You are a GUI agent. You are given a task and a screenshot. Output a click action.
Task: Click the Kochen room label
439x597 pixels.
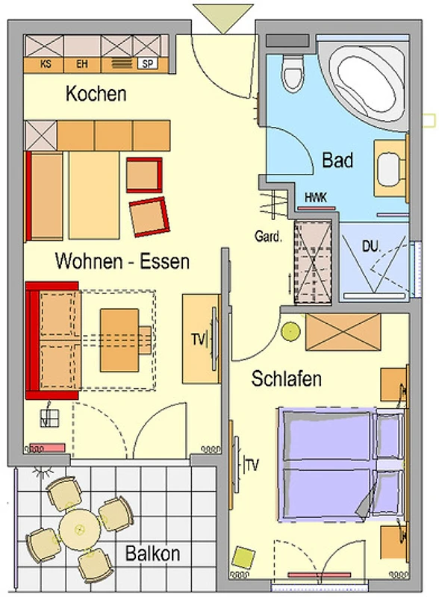pyautogui.click(x=96, y=94)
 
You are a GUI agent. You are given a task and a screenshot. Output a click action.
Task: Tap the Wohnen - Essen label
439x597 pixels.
pyautogui.click(x=122, y=261)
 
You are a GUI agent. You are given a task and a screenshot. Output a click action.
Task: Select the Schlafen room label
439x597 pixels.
pyautogui.click(x=286, y=378)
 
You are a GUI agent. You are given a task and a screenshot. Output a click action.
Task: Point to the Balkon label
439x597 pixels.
pyautogui.click(x=153, y=553)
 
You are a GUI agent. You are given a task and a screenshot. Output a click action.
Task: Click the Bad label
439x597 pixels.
pyautogui.click(x=337, y=160)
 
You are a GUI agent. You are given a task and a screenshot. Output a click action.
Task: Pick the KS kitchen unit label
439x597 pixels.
pyautogui.click(x=46, y=63)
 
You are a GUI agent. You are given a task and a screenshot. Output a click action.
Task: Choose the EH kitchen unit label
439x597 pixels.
pyautogui.click(x=82, y=63)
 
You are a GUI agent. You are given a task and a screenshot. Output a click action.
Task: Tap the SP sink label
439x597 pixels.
pyautogui.click(x=147, y=63)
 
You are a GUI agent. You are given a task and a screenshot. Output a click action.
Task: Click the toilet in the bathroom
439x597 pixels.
pyautogui.click(x=293, y=72)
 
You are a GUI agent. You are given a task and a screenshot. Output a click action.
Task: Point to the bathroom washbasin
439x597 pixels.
pyautogui.click(x=390, y=169)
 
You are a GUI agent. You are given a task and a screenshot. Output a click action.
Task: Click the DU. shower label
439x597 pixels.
pyautogui.click(x=371, y=246)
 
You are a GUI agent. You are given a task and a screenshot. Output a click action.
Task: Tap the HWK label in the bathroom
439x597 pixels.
pyautogui.click(x=316, y=197)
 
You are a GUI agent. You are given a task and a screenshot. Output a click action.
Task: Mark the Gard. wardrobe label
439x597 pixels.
pyautogui.click(x=268, y=237)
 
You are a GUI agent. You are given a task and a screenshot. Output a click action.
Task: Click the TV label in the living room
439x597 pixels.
pyautogui.click(x=199, y=339)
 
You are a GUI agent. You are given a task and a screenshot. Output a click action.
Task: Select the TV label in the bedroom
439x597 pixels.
pyautogui.click(x=252, y=465)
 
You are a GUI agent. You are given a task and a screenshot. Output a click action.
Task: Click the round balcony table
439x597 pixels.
pyautogui.click(x=80, y=529)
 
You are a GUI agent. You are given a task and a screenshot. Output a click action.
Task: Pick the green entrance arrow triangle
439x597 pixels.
pyautogui.click(x=223, y=18)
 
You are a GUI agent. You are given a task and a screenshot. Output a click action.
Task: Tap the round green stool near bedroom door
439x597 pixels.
pyautogui.click(x=290, y=331)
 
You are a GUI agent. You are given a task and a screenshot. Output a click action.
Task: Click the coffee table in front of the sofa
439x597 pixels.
pyautogui.click(x=119, y=340)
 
